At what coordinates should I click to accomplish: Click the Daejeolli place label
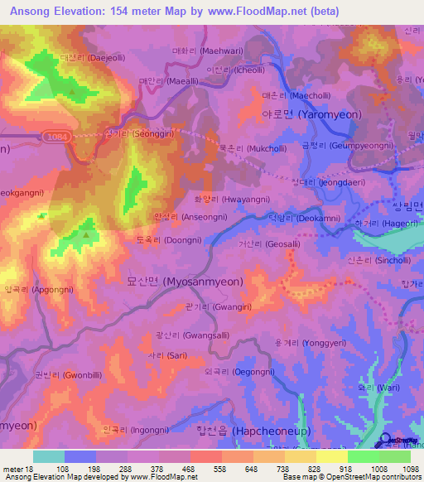click(x=80, y=58)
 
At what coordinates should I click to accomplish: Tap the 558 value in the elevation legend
click(x=219, y=468)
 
